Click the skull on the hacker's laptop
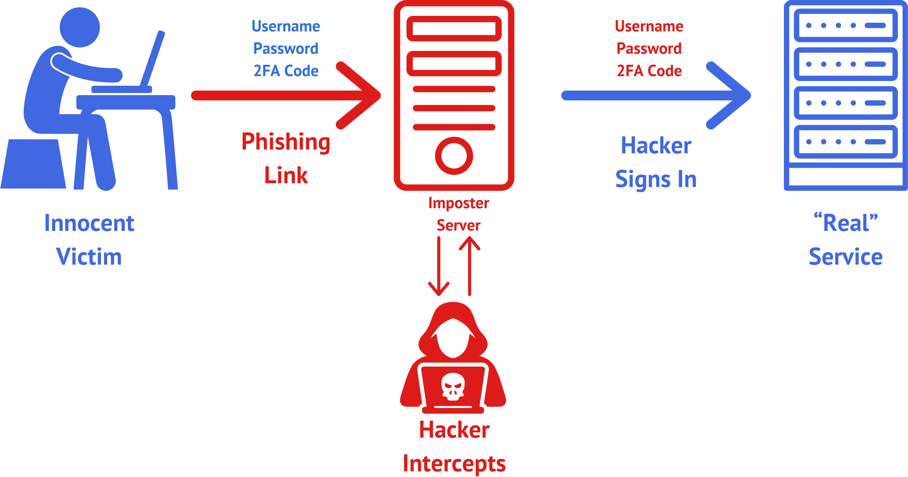coord(453,387)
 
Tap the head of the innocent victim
coord(80,28)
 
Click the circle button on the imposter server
coord(454,156)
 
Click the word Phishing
coord(286,142)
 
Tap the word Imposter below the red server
coord(459,203)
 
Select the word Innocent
coord(89,223)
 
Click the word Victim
coord(89,257)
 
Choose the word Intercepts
coord(454,463)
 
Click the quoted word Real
coord(846,223)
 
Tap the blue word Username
coord(286,26)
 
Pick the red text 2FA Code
coord(649,71)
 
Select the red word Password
coord(649,48)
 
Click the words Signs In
coord(656,179)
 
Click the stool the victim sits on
coord(34,164)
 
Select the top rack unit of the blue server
coord(846,25)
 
